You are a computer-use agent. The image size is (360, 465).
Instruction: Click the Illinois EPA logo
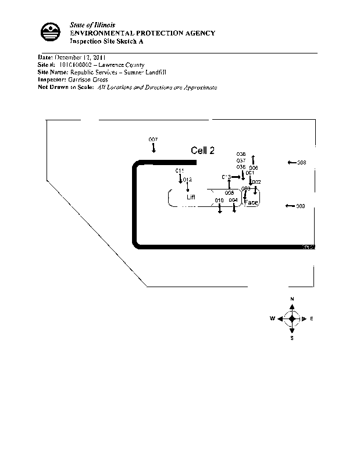(x=51, y=32)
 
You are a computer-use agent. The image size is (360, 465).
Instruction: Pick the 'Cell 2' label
(x=202, y=151)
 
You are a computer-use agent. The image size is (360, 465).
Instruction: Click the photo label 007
(x=153, y=139)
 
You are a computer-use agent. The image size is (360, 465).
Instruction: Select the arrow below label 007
(x=153, y=148)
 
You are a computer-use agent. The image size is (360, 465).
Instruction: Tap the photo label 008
(x=301, y=163)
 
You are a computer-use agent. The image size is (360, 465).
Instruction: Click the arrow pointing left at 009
(x=289, y=206)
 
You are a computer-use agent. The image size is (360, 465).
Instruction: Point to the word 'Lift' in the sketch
(x=190, y=197)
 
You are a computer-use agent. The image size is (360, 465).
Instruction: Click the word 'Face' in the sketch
(x=251, y=202)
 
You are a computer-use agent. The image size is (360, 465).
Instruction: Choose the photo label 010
(x=219, y=200)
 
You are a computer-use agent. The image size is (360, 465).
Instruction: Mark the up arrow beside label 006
(x=253, y=160)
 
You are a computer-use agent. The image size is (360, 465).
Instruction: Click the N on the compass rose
(x=292, y=299)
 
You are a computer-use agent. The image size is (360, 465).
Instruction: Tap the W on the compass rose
(x=272, y=319)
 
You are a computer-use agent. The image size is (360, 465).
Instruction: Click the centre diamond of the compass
(x=292, y=319)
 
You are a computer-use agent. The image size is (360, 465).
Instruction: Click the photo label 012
(x=187, y=180)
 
